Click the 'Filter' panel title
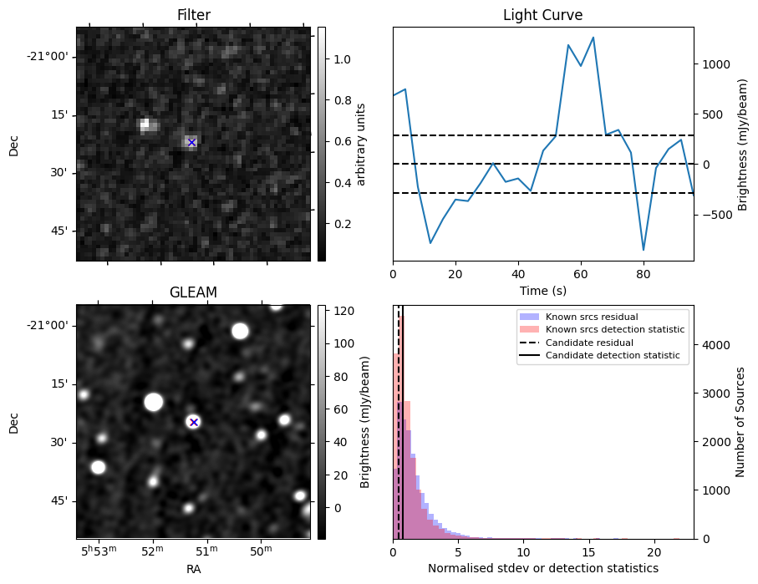pyautogui.click(x=193, y=15)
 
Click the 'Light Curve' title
pyautogui.click(x=542, y=15)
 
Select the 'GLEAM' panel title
pyautogui.click(x=193, y=292)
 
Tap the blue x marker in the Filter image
pyautogui.click(x=191, y=143)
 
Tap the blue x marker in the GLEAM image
pyautogui.click(x=194, y=422)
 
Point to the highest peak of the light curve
pyautogui.click(x=593, y=38)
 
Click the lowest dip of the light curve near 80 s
pyautogui.click(x=644, y=250)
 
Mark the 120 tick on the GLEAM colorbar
pyautogui.click(x=343, y=311)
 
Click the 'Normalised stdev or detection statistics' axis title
pyautogui.click(x=542, y=568)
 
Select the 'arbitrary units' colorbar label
pyautogui.click(x=362, y=144)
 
